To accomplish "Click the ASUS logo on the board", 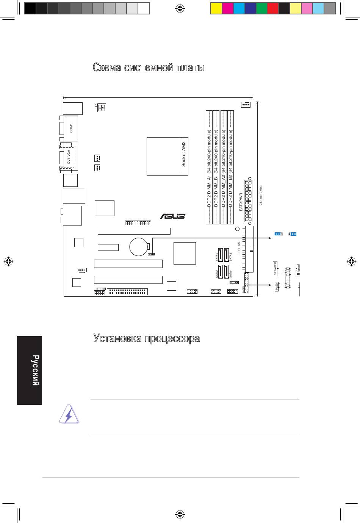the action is (x=172, y=216).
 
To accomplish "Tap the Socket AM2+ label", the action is (x=183, y=152).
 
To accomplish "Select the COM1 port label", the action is (x=71, y=128).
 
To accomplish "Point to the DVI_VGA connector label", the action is (x=69, y=157).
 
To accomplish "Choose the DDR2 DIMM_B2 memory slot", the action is (x=231, y=167).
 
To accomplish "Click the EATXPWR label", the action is (x=241, y=202).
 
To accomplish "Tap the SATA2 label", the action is (x=217, y=257).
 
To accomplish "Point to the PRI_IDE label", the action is (x=239, y=247).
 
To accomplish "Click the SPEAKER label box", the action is (x=275, y=268).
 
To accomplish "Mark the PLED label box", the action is (x=276, y=287).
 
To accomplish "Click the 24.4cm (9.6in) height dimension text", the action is (x=261, y=195).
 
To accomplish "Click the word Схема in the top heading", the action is (x=107, y=68).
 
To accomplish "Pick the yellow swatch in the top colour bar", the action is (x=216, y=8).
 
